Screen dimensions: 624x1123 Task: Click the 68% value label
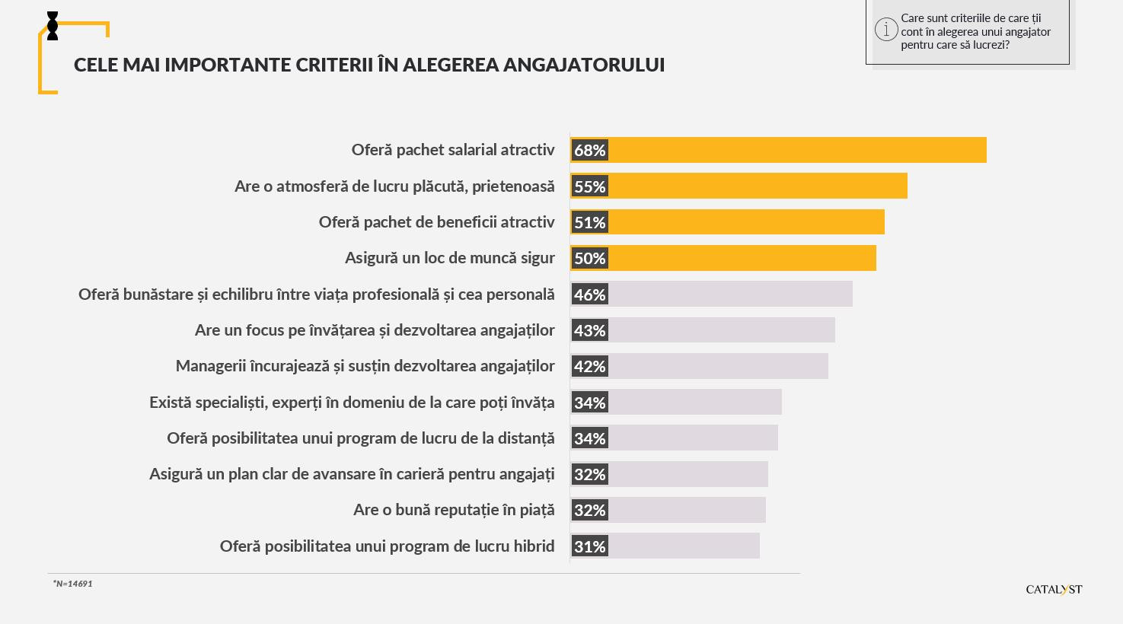point(589,150)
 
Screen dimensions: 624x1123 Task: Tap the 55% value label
point(589,186)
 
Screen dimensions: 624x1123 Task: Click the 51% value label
point(589,222)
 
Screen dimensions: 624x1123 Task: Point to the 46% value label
point(589,294)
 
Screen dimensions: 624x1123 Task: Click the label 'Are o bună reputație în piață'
point(454,510)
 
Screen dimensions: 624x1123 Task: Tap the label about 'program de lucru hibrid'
point(387,546)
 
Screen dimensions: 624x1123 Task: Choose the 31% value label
point(589,546)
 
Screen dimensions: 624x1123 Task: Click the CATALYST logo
point(1054,589)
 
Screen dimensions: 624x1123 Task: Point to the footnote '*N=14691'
point(73,584)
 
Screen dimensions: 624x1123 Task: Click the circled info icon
point(886,30)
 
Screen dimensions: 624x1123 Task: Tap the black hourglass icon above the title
point(53,26)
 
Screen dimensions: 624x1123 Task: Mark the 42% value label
point(589,366)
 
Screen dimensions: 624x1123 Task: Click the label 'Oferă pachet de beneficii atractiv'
point(436,222)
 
